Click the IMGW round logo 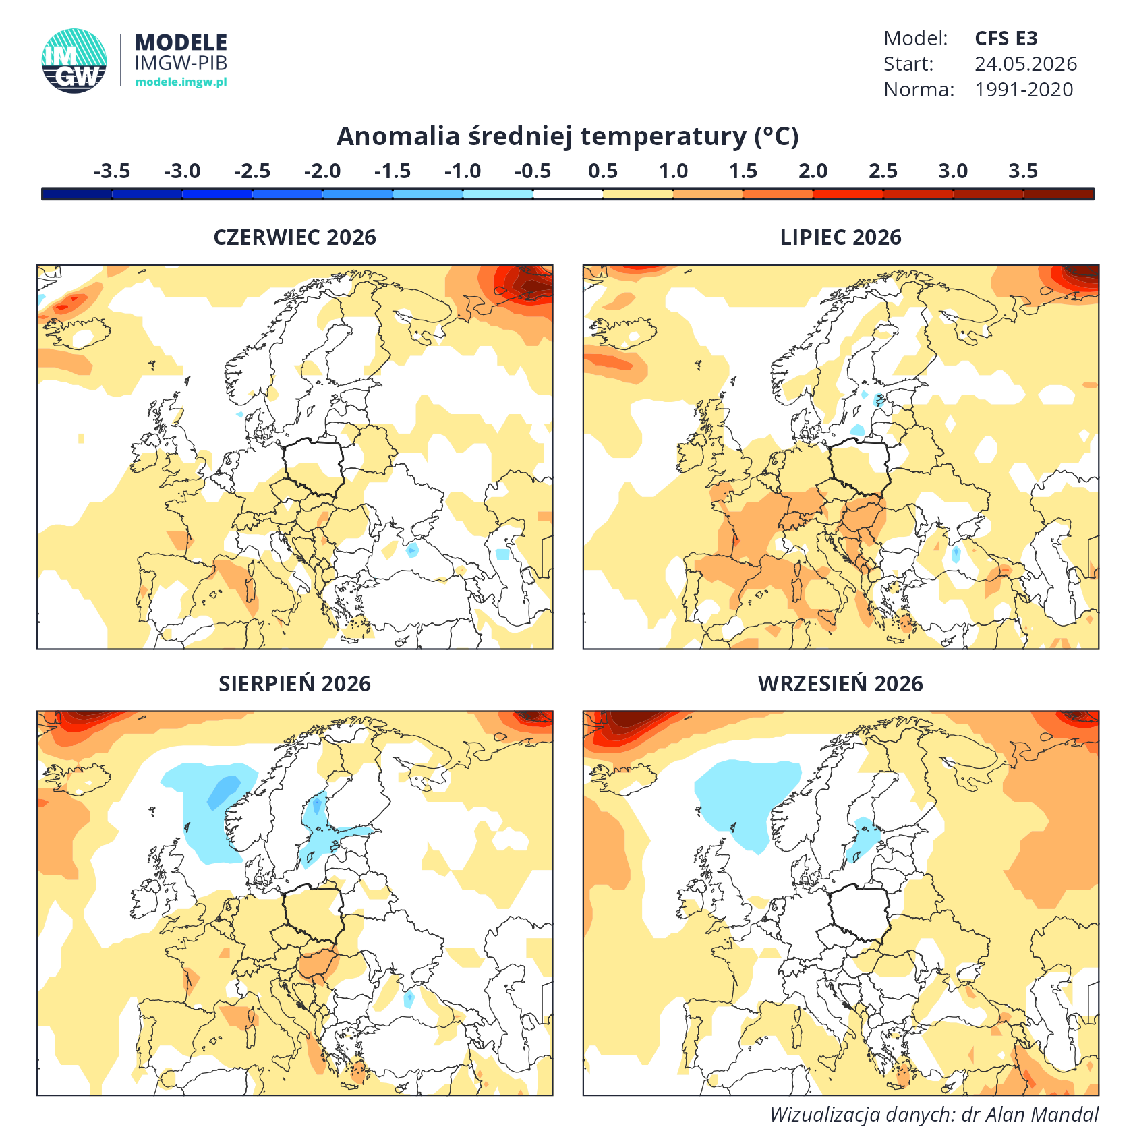[x=74, y=61]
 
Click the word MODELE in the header [x=181, y=42]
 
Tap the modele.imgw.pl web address [x=181, y=82]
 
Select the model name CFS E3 [x=1006, y=38]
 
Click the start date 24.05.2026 [x=1025, y=64]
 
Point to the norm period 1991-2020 [x=1024, y=90]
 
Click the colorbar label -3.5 [x=112, y=171]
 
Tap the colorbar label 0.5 [x=603, y=171]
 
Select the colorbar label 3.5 [x=1023, y=171]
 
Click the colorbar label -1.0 [x=463, y=171]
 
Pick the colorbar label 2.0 [x=813, y=171]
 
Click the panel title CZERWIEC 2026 [x=295, y=237]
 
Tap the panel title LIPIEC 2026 [x=840, y=237]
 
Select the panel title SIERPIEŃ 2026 [x=295, y=684]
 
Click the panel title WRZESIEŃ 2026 [x=840, y=684]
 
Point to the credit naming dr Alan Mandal [x=934, y=1114]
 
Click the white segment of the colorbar [x=568, y=194]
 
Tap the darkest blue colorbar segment [x=77, y=194]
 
